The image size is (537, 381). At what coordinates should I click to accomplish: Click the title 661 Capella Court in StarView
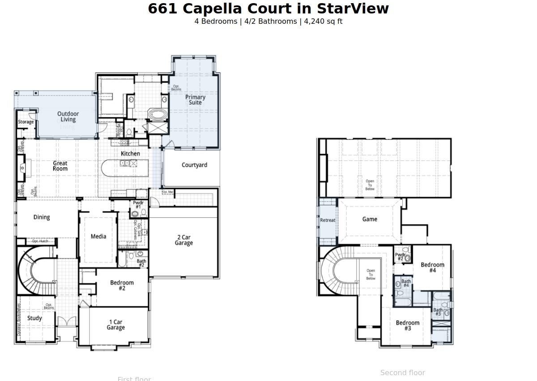pos(268,9)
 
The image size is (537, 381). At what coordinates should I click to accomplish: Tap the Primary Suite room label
pos(195,100)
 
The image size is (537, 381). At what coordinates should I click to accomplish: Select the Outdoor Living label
pos(68,117)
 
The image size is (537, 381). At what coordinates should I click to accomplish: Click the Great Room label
pos(60,166)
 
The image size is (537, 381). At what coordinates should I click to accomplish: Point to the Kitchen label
pos(130,153)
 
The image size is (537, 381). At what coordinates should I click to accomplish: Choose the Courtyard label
pos(194,165)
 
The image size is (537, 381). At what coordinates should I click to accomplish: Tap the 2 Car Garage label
pos(183,240)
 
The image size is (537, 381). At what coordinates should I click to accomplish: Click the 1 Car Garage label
pos(115,325)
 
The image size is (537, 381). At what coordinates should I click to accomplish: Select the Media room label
pos(98,236)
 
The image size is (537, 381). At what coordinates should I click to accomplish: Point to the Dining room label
pos(42,217)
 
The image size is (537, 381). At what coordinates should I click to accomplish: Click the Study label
pos(34,318)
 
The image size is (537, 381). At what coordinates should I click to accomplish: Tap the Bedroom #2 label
pos(122,286)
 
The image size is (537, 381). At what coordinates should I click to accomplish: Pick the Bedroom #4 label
pos(432,268)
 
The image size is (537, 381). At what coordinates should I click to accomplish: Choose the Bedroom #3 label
pos(407,325)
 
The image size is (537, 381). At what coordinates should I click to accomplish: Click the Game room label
pos(370,219)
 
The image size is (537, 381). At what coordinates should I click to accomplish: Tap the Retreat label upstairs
pos(328,220)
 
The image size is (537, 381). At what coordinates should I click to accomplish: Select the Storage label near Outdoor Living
pos(26,122)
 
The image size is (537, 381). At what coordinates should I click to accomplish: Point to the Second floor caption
pos(402,372)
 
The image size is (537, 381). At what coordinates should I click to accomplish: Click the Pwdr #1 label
pos(138,205)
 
